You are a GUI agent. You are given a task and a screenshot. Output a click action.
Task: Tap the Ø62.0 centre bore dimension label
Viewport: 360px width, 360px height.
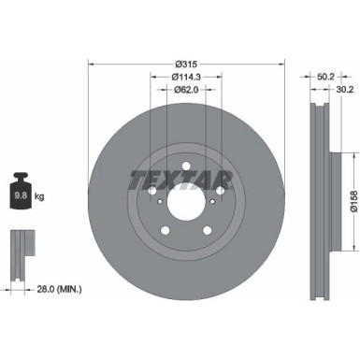[183, 90]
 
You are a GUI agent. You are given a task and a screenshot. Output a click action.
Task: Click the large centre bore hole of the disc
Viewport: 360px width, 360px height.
[185, 202]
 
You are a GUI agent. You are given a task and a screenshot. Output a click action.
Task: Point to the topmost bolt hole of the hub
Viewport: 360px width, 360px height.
[185, 166]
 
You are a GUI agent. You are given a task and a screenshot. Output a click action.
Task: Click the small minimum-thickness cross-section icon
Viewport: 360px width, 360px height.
[22, 248]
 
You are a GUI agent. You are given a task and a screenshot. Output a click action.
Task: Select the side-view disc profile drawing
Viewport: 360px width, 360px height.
[318, 202]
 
